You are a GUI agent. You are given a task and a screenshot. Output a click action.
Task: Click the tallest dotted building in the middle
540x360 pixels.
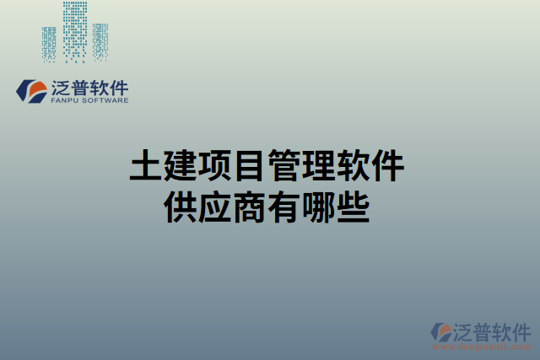coord(75,31)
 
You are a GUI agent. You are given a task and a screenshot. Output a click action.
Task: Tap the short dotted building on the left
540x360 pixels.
coord(50,44)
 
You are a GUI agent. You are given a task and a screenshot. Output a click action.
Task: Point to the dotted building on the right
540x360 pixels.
coord(100,41)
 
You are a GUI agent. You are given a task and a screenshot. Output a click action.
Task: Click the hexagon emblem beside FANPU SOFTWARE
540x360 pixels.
coord(32,89)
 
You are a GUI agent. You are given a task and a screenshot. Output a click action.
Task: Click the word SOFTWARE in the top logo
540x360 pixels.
coord(105,99)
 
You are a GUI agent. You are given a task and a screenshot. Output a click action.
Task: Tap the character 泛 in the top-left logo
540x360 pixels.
coord(62,86)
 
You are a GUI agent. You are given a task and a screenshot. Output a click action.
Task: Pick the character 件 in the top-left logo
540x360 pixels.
coord(118,86)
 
